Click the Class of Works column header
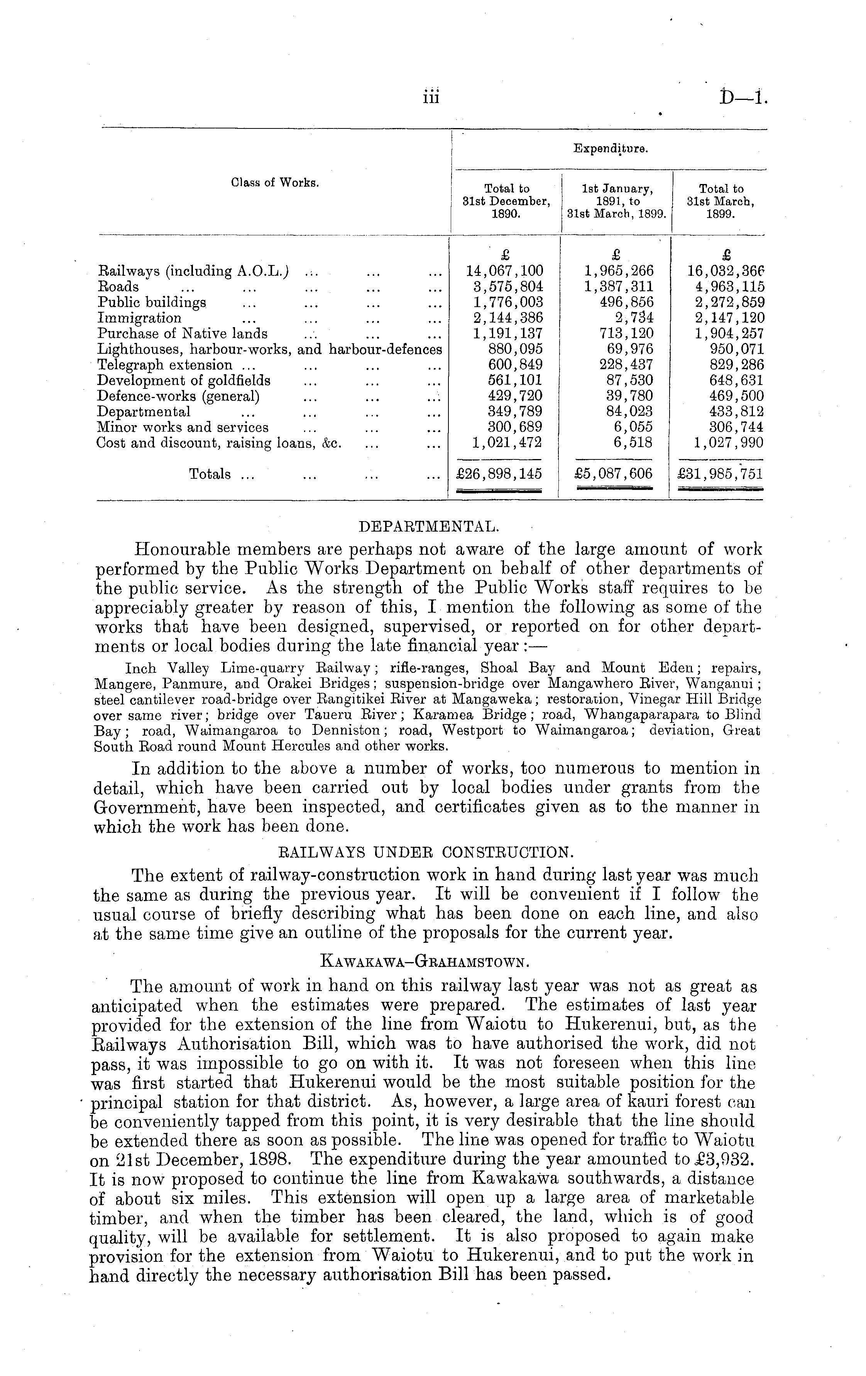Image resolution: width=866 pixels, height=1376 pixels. [275, 183]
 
